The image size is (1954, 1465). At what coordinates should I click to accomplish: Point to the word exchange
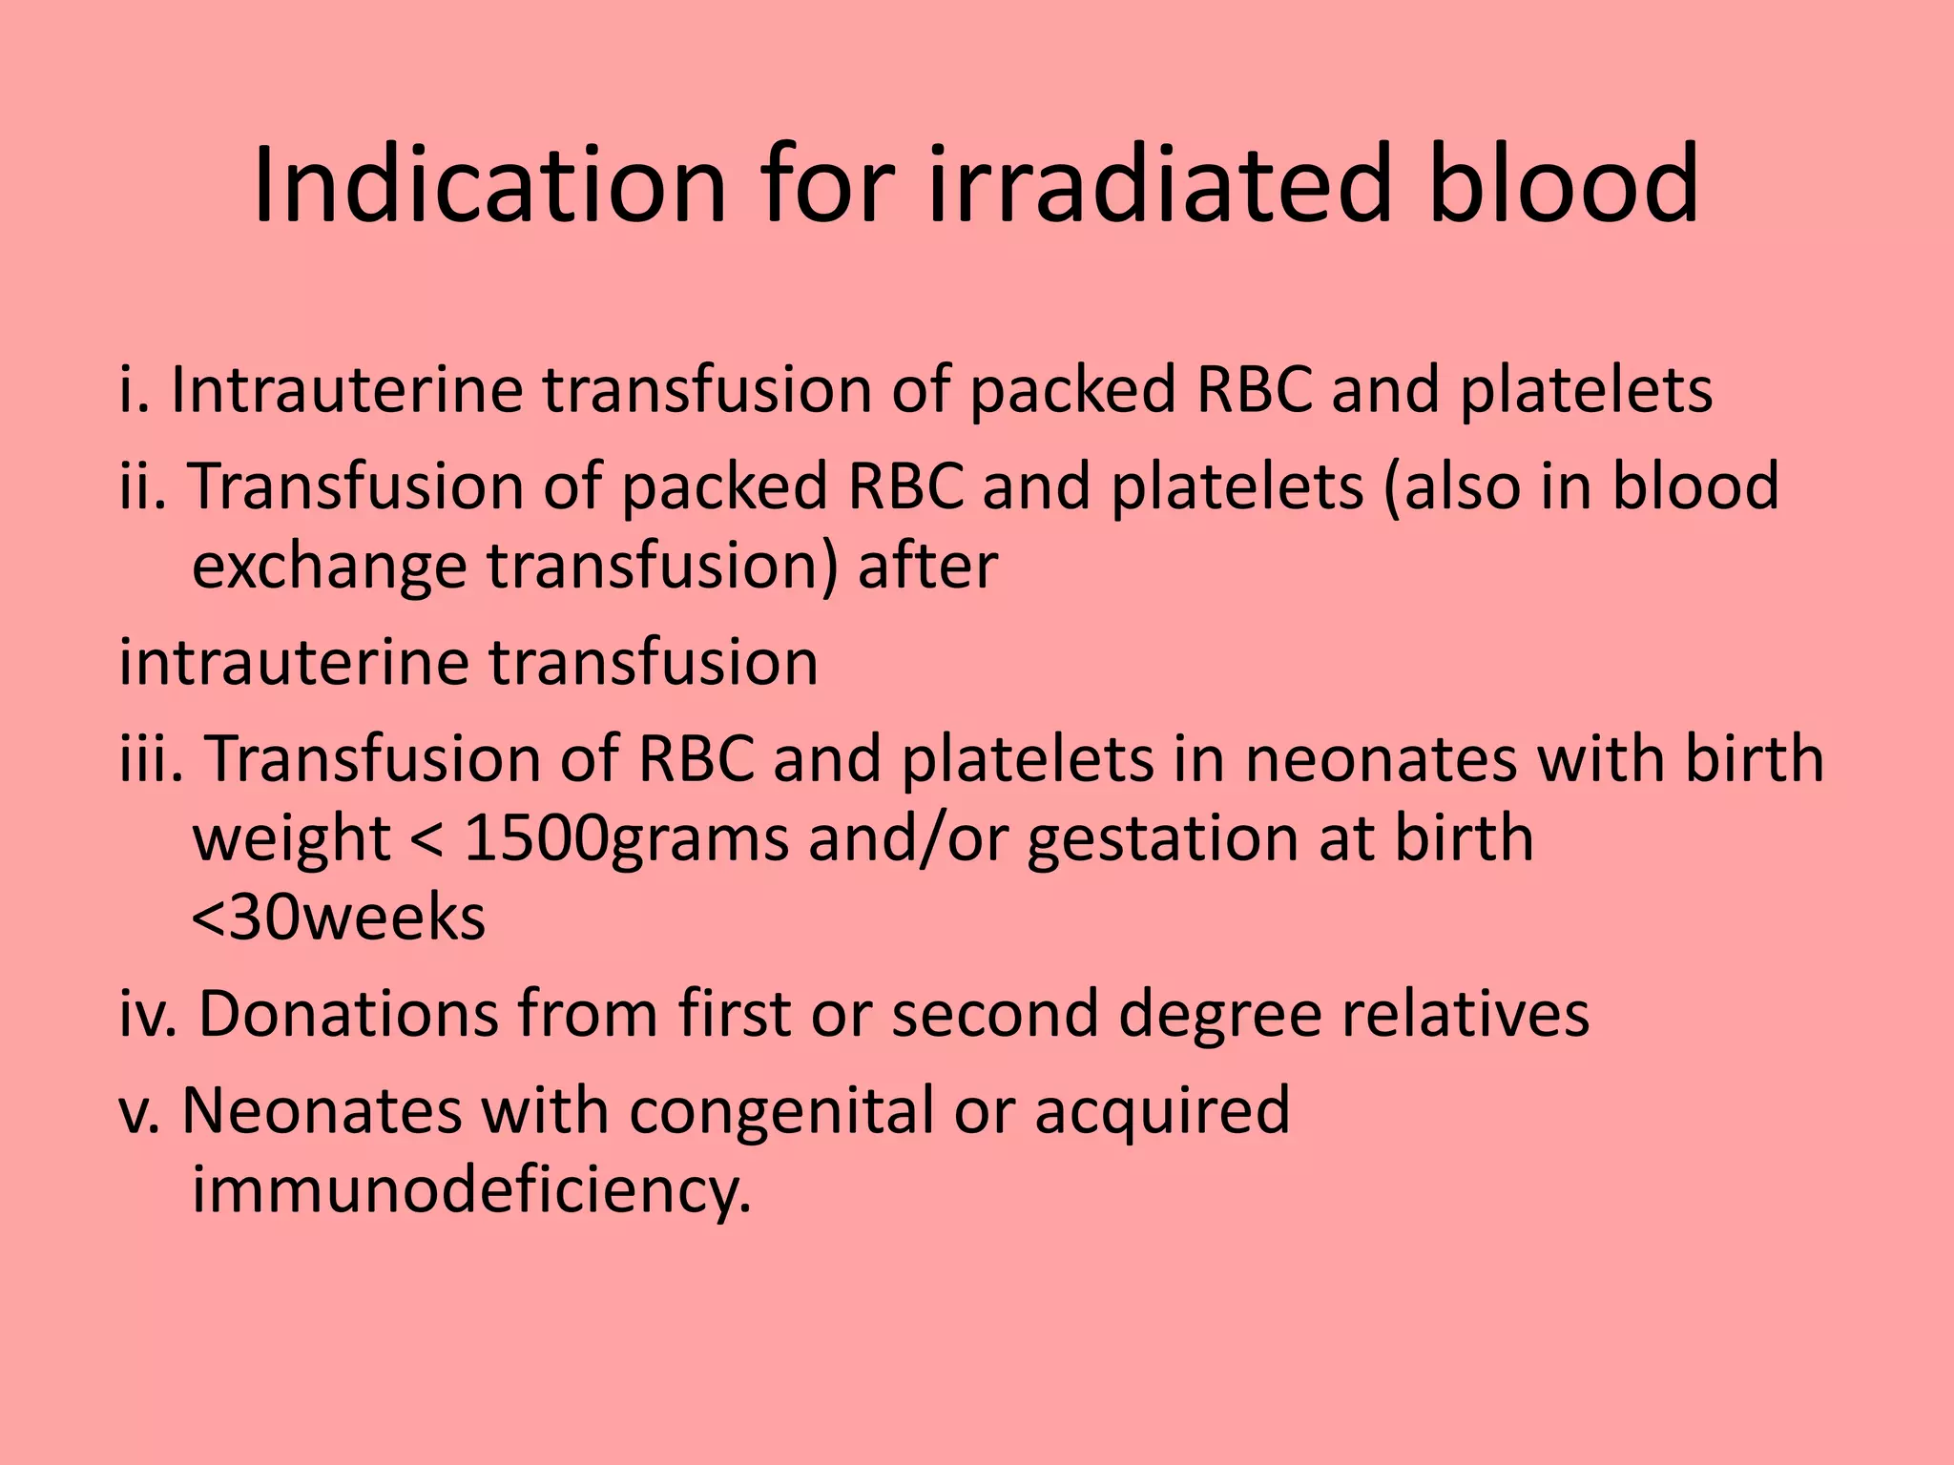click(x=329, y=567)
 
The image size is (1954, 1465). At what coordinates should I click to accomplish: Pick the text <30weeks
click(x=339, y=918)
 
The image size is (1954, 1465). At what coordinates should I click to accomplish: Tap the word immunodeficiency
click(x=471, y=1190)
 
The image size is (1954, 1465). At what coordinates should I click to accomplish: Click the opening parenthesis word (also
click(x=1449, y=485)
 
